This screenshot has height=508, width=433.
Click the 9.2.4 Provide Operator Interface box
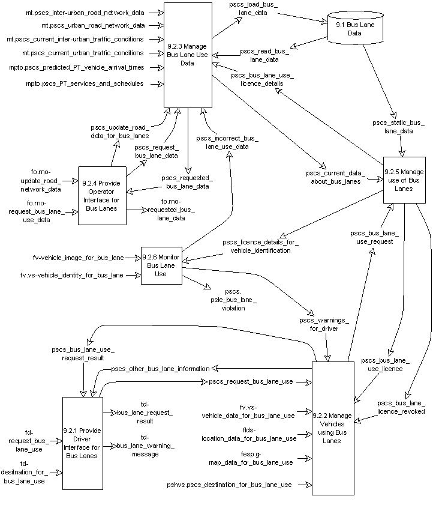[102, 196]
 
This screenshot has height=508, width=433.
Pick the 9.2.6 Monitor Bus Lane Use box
[161, 265]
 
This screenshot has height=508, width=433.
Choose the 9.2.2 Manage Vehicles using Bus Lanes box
[332, 428]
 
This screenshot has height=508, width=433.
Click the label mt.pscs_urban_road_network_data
[93, 26]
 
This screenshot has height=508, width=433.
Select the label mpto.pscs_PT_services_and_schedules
[85, 83]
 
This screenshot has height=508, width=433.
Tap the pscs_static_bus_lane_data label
[398, 127]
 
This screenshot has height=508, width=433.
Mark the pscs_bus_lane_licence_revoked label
[401, 407]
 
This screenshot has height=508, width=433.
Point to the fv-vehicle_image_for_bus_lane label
[78, 258]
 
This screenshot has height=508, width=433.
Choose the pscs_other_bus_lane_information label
[160, 368]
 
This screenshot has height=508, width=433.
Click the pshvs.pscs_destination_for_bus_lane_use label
[230, 485]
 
